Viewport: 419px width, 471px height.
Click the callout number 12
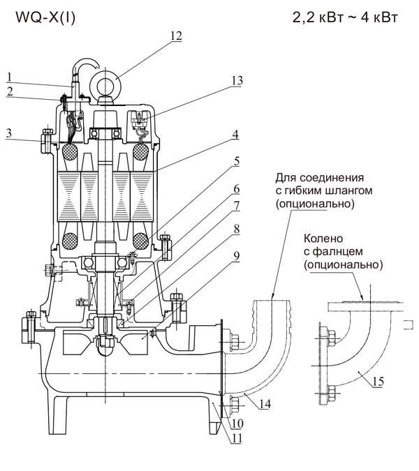pyautogui.click(x=177, y=36)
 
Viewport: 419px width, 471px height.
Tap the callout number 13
pyautogui.click(x=237, y=80)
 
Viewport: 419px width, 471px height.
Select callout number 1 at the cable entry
pyautogui.click(x=9, y=77)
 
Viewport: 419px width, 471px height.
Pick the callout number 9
pyautogui.click(x=237, y=256)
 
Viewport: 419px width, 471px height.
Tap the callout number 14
pyautogui.click(x=265, y=404)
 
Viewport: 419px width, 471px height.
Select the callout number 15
pyautogui.click(x=378, y=381)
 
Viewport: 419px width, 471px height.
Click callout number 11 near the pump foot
pyautogui.click(x=237, y=438)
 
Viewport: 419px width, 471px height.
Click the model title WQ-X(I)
pyautogui.click(x=45, y=17)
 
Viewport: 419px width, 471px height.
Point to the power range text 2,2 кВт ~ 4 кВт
pyautogui.click(x=345, y=17)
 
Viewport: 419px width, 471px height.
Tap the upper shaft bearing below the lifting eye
pyautogui.click(x=106, y=133)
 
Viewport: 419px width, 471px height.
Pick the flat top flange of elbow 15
pyautogui.click(x=365, y=307)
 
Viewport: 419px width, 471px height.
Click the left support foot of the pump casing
pyautogui.click(x=58, y=414)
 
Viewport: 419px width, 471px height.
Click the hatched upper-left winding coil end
pyautogui.click(x=70, y=151)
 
